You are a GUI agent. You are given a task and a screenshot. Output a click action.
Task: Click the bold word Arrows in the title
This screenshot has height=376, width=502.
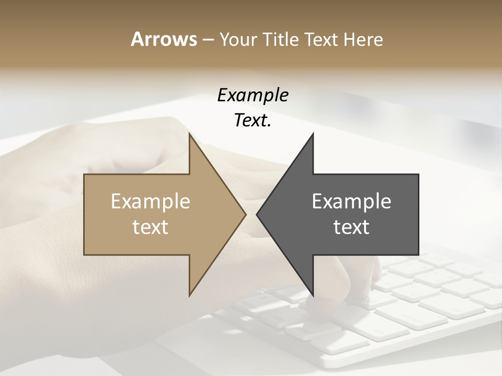[164, 39]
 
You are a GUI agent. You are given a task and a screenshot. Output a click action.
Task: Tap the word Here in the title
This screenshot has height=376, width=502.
[363, 39]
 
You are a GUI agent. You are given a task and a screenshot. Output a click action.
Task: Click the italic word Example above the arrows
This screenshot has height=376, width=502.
[253, 96]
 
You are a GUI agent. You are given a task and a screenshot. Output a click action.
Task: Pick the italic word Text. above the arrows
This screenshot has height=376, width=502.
[253, 121]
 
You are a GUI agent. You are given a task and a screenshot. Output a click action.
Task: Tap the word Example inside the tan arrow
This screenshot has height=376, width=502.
[151, 202]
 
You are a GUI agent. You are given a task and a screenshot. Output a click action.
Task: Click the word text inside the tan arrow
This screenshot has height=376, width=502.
[151, 227]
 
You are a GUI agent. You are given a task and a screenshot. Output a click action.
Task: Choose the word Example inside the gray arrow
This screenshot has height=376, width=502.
[351, 202]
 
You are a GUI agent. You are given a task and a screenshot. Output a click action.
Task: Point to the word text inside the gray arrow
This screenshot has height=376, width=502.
[351, 227]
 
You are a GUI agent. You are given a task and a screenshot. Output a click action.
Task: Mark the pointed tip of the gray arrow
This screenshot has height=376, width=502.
[258, 214]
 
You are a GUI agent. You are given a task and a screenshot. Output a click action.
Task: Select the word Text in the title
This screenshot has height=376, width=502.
[322, 39]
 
